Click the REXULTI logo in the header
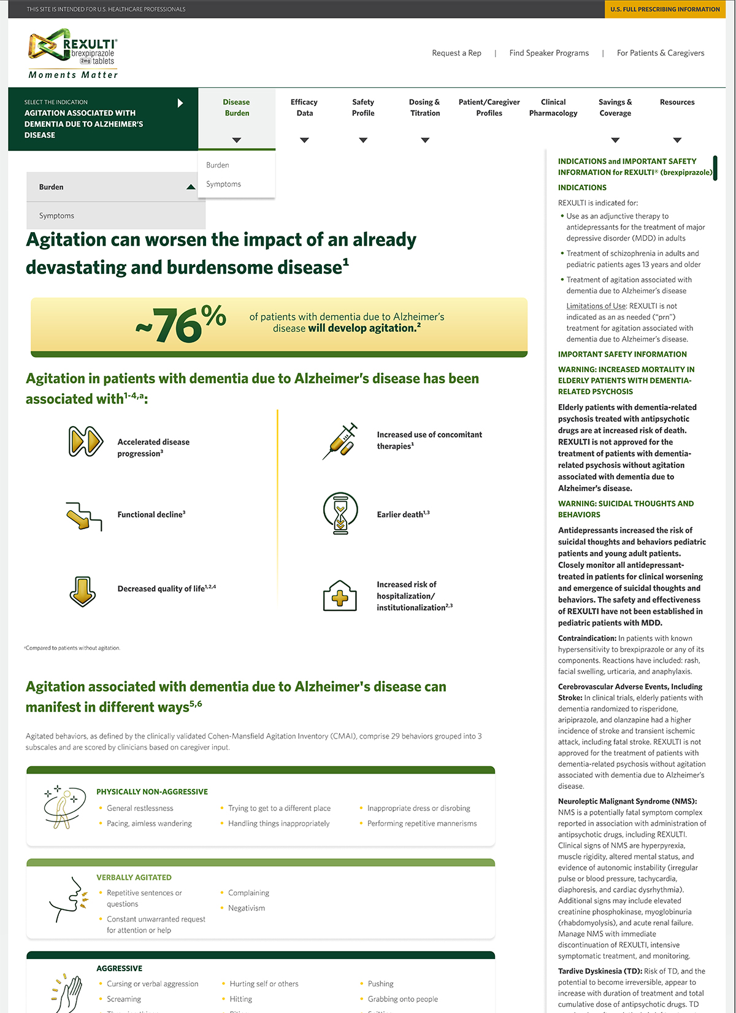point(73,53)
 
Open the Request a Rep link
point(456,53)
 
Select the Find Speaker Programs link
point(549,53)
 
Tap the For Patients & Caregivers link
point(661,53)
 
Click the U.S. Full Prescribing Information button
point(665,9)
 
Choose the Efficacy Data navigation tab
point(304,108)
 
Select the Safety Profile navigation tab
point(363,108)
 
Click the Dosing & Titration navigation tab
point(424,108)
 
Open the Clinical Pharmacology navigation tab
point(553,108)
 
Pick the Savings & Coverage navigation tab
point(615,108)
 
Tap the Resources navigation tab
point(677,103)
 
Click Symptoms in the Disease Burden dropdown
point(223,184)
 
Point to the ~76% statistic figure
point(181,324)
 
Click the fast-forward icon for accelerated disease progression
point(85,441)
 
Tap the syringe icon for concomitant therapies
point(340,440)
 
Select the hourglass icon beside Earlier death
point(340,513)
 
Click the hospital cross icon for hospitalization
point(340,596)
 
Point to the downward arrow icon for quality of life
point(83,591)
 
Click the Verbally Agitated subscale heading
point(134,878)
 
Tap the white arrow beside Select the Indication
point(180,103)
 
